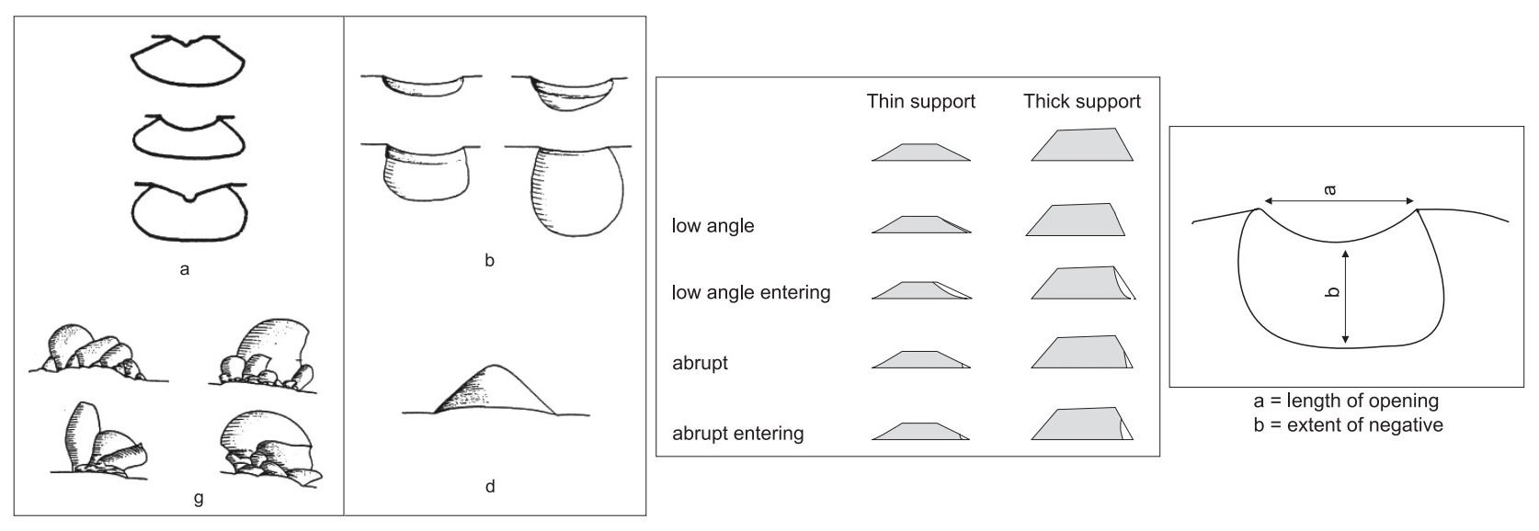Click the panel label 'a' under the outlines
point(185,270)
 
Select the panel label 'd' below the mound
point(490,486)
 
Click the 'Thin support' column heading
point(920,101)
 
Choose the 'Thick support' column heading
point(1082,101)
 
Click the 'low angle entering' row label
point(751,293)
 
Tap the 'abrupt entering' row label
point(737,433)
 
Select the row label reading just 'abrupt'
point(700,363)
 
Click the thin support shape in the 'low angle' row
point(920,225)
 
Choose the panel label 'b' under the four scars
point(489,261)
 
